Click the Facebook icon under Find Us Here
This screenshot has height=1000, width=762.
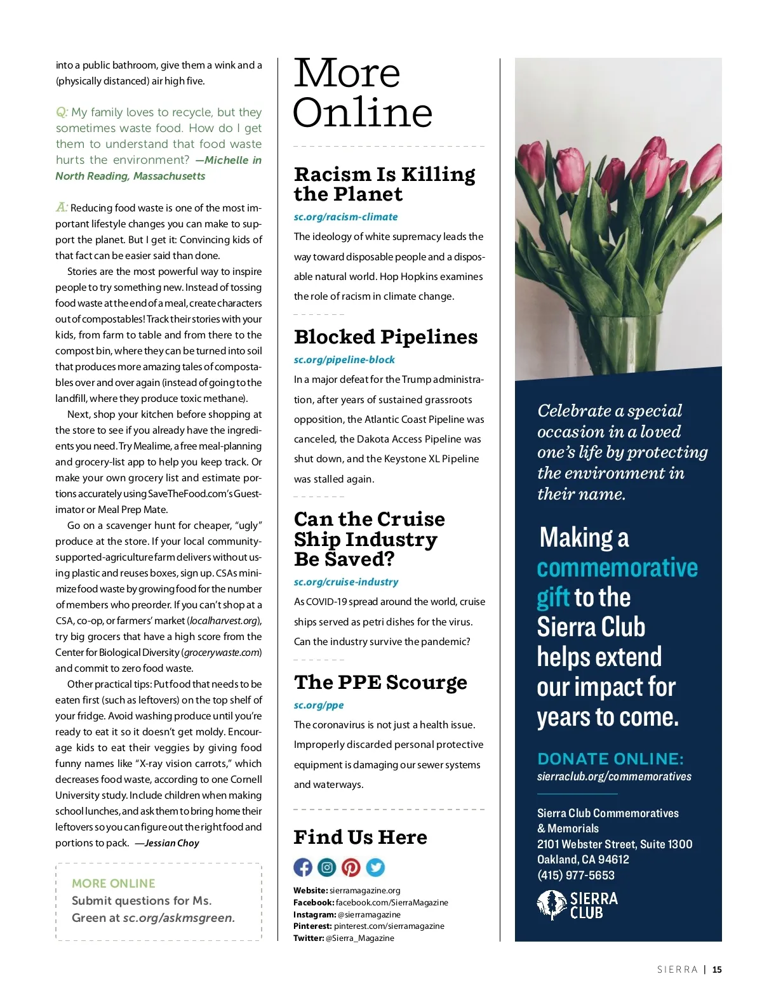click(x=303, y=867)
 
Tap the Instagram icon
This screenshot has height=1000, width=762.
click(x=327, y=867)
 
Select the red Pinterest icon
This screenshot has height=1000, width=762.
click(x=351, y=867)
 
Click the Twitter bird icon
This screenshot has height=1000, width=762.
click(x=375, y=867)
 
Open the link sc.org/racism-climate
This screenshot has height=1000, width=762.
click(x=345, y=217)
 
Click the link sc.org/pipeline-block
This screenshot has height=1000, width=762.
click(x=344, y=360)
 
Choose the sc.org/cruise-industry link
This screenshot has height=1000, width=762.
click(x=346, y=582)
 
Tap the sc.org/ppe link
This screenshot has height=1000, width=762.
click(x=319, y=705)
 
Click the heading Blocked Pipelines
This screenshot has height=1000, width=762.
click(x=385, y=337)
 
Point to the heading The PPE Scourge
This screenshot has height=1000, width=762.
click(x=380, y=683)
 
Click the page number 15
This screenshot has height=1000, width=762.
click(x=717, y=970)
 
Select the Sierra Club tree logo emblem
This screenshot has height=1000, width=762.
click(x=551, y=905)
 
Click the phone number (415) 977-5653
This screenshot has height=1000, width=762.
click(x=576, y=876)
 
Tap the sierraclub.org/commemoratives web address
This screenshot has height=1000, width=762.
click(x=614, y=777)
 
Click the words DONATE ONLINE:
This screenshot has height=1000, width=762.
click(x=610, y=759)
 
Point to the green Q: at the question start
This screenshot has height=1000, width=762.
click(x=62, y=112)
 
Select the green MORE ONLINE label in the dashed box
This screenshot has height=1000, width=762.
click(x=114, y=884)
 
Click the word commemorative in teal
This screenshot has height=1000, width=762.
click(x=617, y=568)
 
